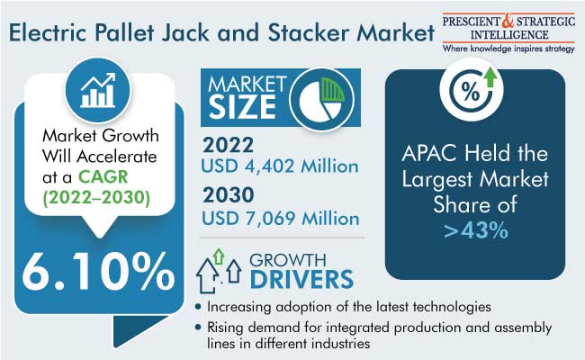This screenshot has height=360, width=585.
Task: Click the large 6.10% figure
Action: (x=98, y=272)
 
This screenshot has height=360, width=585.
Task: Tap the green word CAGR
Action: (x=103, y=176)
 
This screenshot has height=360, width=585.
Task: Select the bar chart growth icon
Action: (x=98, y=91)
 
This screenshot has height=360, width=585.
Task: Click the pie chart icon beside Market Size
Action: (x=321, y=99)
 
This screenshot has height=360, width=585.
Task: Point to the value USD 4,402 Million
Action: (x=280, y=166)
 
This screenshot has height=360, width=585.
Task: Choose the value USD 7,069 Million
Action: (x=281, y=218)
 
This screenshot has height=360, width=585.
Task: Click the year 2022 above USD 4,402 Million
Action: (x=228, y=145)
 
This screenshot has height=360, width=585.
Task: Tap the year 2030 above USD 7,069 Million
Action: (x=229, y=195)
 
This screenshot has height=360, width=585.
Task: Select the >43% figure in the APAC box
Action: (x=476, y=230)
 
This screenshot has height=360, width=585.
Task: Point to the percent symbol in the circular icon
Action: (x=471, y=92)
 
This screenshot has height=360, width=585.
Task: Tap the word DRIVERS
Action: (x=301, y=279)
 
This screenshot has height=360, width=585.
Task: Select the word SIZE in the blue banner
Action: (x=242, y=107)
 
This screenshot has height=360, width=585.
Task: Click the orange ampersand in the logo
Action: (x=508, y=21)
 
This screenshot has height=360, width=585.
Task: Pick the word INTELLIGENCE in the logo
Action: (x=509, y=35)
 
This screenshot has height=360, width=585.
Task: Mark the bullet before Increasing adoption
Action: (x=198, y=308)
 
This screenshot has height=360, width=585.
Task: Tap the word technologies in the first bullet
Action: (x=452, y=307)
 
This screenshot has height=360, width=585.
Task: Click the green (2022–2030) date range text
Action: (x=96, y=197)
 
